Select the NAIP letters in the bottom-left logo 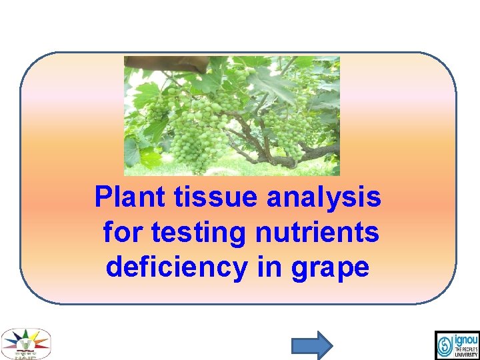coord(25,356)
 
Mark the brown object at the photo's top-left coord(167,64)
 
